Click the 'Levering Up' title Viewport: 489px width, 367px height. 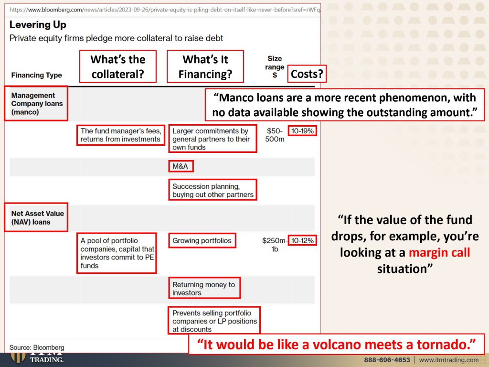click(x=38, y=25)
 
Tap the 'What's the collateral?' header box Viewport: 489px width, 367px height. click(x=118, y=66)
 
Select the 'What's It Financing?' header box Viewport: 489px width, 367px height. click(x=205, y=66)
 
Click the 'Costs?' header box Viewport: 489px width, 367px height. click(x=307, y=74)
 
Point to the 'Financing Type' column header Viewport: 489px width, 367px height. click(x=36, y=75)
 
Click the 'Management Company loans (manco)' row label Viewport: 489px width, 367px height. click(x=36, y=103)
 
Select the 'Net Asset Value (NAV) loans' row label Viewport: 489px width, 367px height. click(x=36, y=217)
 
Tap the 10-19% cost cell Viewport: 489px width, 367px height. click(x=302, y=131)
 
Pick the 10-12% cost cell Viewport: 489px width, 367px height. click(x=302, y=241)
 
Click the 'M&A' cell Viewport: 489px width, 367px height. click(x=181, y=166)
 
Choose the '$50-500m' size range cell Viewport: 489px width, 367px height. click(x=275, y=135)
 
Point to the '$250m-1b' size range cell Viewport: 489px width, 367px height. click(x=275, y=245)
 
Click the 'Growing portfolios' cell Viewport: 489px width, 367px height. click(x=202, y=241)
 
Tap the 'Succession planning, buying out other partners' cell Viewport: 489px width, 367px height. click(x=213, y=190)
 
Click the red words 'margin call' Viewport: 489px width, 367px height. click(x=439, y=252)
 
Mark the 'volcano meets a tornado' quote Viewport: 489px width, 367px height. click(x=337, y=344)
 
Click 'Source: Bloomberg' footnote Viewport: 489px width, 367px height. click(x=37, y=347)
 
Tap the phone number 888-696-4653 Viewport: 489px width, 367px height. click(x=387, y=360)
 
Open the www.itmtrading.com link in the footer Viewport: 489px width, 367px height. click(x=449, y=360)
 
